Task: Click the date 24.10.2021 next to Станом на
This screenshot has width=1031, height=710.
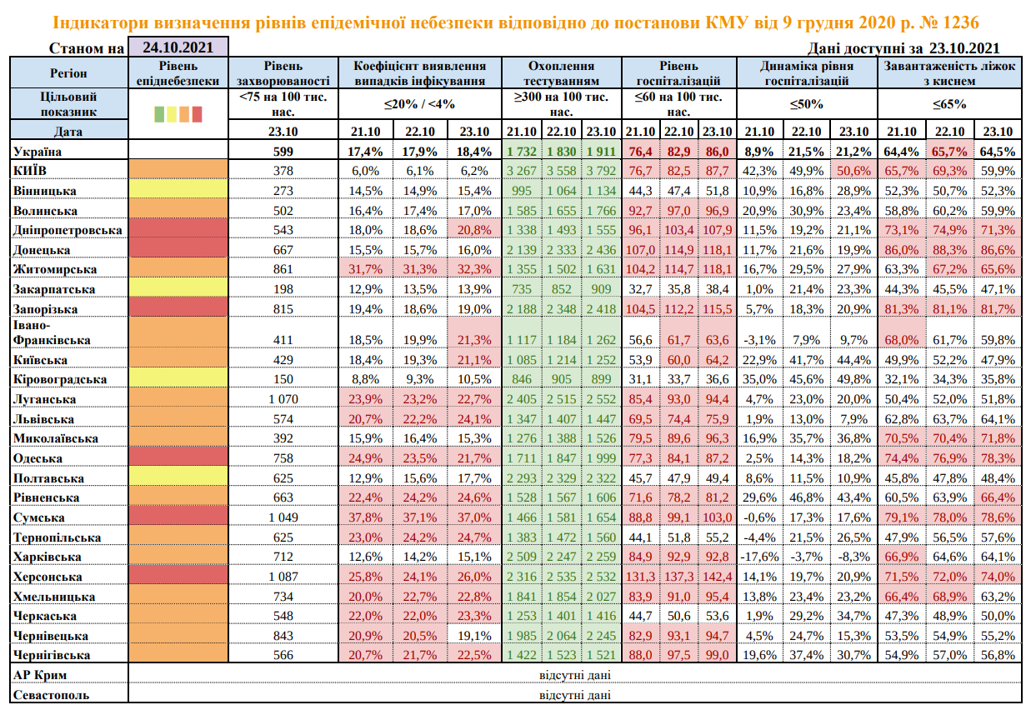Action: coord(178,47)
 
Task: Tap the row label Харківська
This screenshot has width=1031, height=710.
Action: coord(48,557)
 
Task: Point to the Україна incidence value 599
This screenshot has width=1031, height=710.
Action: coord(285,151)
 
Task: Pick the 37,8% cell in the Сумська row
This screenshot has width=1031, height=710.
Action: coord(366,517)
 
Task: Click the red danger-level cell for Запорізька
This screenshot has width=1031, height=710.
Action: coord(178,308)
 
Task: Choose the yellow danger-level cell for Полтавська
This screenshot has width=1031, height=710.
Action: coord(178,478)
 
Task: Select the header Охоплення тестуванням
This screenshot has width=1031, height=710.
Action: coord(562,73)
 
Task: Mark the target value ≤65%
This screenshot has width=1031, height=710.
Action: coord(949,104)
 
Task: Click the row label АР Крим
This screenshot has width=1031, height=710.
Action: coord(40,674)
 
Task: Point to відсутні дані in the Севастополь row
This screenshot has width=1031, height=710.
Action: coord(574,693)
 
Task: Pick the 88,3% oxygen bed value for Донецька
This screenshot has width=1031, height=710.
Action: coord(949,249)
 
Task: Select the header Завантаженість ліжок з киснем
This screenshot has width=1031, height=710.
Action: coord(949,73)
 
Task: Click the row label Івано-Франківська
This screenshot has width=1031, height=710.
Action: coord(51,332)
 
